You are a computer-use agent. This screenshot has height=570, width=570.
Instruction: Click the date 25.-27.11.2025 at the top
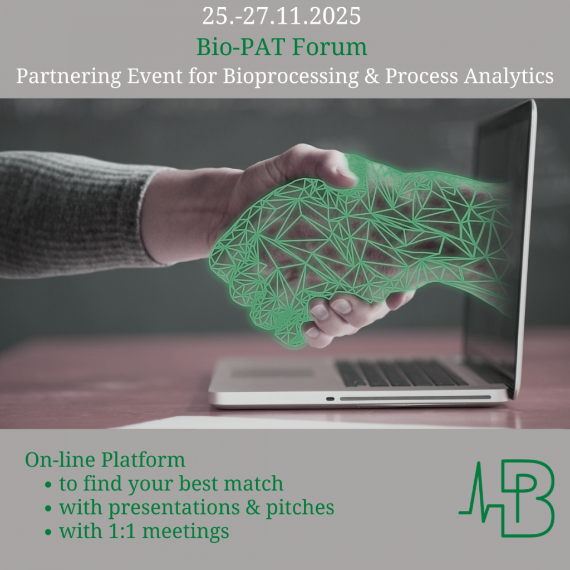click(281, 16)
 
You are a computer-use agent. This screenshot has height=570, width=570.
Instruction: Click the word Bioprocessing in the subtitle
click(290, 76)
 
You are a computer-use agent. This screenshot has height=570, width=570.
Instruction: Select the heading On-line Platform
click(105, 460)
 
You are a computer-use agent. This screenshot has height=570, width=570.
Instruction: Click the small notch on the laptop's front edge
click(330, 399)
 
